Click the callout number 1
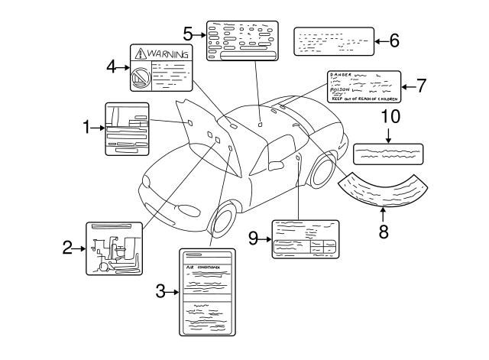(x=87, y=128)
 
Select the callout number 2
(x=67, y=247)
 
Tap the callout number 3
(x=160, y=290)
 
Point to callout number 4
(x=112, y=66)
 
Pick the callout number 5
(x=188, y=34)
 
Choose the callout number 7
(x=421, y=86)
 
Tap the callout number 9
(x=254, y=238)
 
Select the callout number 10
(x=390, y=116)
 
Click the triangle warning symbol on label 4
(x=141, y=54)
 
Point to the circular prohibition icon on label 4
(x=141, y=78)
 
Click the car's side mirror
(x=275, y=166)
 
